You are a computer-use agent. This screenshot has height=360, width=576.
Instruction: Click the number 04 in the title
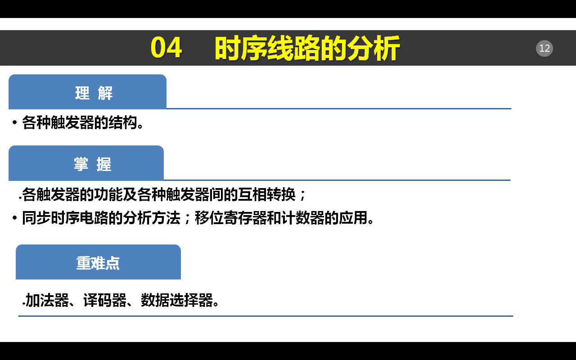[166, 48]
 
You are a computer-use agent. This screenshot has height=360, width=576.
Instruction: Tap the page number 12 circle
[544, 48]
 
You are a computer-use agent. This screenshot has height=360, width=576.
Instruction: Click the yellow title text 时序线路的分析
[307, 48]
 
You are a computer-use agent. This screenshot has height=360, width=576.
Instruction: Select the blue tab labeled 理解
[87, 92]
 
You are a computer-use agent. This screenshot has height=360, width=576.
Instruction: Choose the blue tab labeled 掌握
[86, 163]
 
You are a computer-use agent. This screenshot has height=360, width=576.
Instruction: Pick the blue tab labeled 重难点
[98, 262]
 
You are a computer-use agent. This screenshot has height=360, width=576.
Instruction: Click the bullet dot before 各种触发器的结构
[15, 122]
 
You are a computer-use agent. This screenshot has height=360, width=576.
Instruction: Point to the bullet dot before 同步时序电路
[15, 218]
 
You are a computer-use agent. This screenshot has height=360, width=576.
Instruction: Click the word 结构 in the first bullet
[123, 122]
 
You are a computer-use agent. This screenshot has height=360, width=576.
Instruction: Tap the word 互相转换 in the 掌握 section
[267, 194]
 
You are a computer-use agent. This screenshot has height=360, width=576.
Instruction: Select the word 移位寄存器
[230, 218]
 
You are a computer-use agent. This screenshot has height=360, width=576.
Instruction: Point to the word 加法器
[47, 300]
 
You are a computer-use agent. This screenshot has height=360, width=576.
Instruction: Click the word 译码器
[105, 300]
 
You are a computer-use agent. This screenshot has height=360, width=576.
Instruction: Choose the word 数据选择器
[177, 300]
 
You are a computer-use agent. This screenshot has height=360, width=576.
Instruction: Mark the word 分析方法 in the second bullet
[152, 218]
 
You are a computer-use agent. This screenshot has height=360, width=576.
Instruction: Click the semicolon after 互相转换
[302, 195]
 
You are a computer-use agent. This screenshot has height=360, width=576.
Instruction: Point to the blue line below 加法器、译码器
[265, 316]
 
